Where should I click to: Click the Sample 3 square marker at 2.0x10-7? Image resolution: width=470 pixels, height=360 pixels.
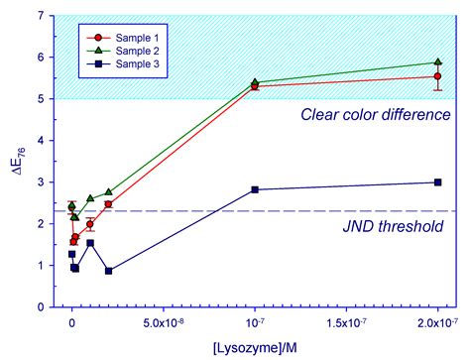click(x=438, y=181)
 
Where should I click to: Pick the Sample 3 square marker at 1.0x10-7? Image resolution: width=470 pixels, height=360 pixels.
click(x=255, y=189)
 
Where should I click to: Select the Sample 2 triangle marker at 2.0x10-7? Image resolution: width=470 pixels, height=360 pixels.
click(x=438, y=61)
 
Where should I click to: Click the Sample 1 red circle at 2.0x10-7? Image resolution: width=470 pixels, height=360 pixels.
click(x=438, y=76)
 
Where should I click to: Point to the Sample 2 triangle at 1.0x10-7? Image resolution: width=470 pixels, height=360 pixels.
click(x=255, y=82)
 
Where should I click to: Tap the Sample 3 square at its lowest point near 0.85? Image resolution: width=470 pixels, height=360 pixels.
click(x=108, y=271)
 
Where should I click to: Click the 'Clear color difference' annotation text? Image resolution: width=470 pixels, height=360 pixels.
click(x=376, y=114)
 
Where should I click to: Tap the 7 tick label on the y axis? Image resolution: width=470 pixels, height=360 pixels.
click(x=40, y=16)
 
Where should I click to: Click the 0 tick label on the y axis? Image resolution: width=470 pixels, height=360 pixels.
click(x=40, y=307)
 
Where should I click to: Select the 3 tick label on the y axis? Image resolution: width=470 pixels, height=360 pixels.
click(x=40, y=182)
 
